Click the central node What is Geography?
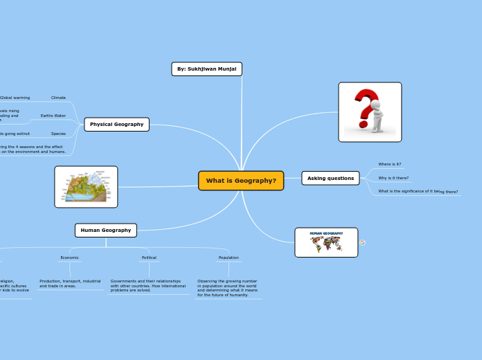click(241, 181)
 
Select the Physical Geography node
click(116, 125)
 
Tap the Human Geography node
click(105, 230)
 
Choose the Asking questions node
click(330, 178)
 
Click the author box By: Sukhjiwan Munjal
click(206, 69)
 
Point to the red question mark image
click(370, 112)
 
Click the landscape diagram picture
click(86, 187)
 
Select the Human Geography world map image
click(326, 242)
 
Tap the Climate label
click(58, 98)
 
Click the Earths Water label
click(53, 116)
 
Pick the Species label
click(58, 134)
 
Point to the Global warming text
click(15, 98)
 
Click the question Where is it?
click(389, 164)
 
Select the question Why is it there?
click(393, 178)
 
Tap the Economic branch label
click(69, 258)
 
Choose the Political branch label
click(149, 258)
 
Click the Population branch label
click(229, 258)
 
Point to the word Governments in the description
click(124, 281)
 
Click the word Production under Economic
click(50, 281)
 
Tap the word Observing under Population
click(208, 281)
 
